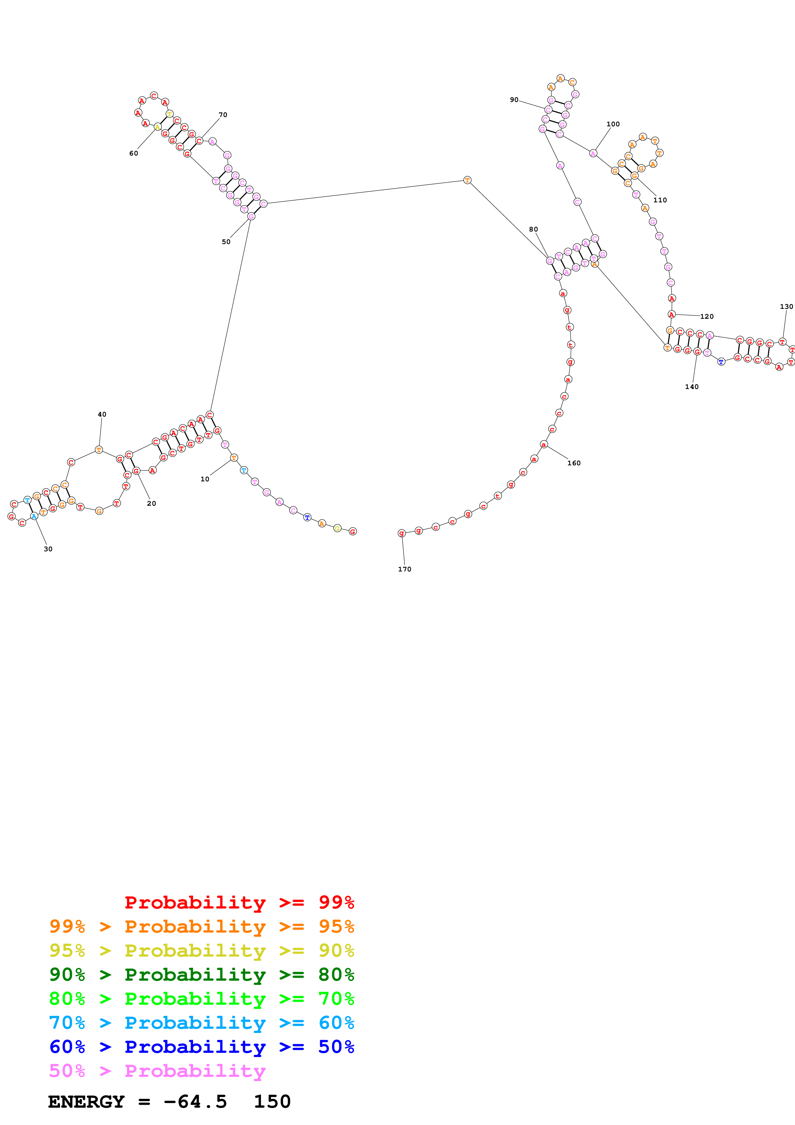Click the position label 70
tap(223, 115)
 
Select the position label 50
tap(226, 241)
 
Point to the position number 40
tap(102, 414)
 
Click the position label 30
tap(48, 549)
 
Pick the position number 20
tap(151, 503)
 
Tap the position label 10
tap(205, 479)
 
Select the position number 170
tap(405, 569)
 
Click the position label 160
tap(574, 463)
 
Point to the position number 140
tap(692, 386)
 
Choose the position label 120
tap(706, 317)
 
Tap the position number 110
tap(660, 200)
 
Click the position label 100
tap(613, 124)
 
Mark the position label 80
tap(533, 229)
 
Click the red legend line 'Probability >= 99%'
tap(239, 902)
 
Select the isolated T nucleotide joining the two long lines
tap(467, 180)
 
